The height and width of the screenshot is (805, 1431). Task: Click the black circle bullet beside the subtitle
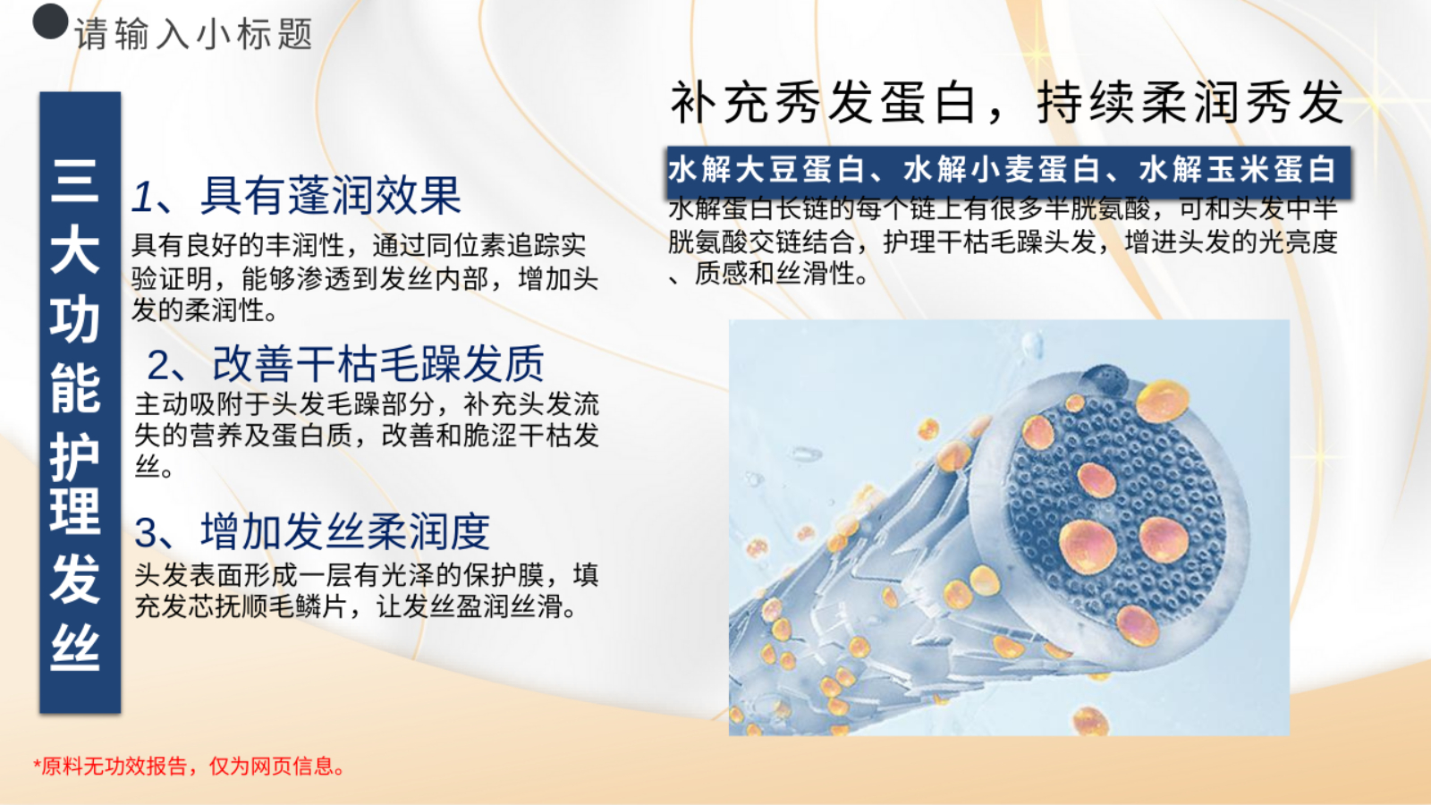tap(50, 21)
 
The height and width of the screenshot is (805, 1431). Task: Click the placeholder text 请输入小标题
tap(193, 34)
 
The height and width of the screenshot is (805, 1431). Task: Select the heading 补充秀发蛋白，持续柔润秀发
tap(1007, 102)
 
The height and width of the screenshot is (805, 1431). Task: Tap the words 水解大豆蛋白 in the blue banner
tap(766, 170)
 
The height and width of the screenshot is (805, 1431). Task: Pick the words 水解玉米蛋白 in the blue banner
tap(1238, 170)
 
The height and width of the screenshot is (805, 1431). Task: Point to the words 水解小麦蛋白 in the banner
tap(1002, 170)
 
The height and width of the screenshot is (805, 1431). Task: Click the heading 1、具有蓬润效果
tap(296, 196)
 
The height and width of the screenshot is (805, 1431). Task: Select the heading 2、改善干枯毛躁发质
tap(345, 363)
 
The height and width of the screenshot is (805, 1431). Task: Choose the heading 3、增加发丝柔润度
tap(312, 531)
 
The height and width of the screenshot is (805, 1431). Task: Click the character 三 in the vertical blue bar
tap(75, 182)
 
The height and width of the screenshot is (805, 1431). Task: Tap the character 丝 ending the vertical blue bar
tap(75, 647)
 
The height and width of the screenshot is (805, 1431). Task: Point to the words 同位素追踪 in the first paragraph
tap(466, 245)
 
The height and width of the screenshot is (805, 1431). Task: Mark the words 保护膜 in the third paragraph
tap(504, 575)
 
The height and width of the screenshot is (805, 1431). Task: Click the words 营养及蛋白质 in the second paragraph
tap(271, 436)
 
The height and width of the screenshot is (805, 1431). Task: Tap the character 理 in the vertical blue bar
tap(75, 511)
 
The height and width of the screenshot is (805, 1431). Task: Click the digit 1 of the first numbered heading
tap(142, 196)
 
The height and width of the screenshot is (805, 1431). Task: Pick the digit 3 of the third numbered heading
tap(146, 533)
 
